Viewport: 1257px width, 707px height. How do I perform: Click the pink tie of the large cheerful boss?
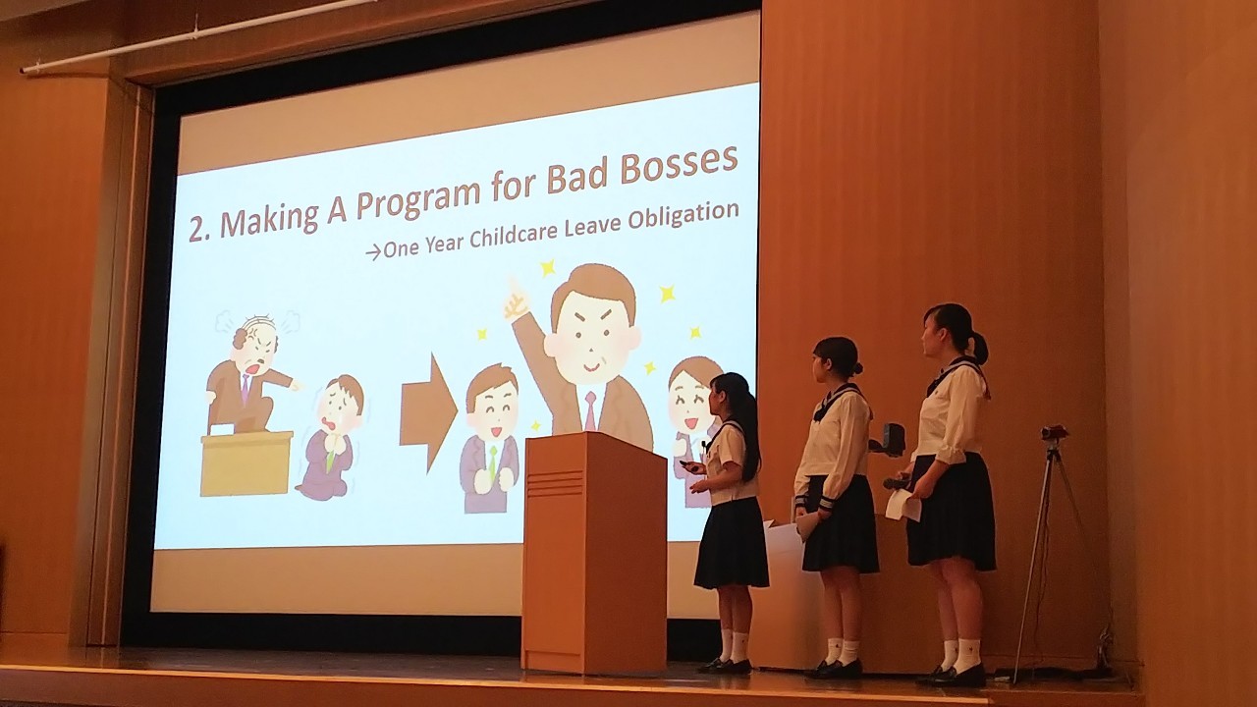[x=590, y=411]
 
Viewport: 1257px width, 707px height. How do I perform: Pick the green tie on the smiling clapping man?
[x=493, y=462]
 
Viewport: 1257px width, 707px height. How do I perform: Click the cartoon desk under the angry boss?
[x=246, y=462]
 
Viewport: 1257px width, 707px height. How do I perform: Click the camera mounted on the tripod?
[x=1054, y=433]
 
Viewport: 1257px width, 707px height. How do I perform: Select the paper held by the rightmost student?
[x=902, y=505]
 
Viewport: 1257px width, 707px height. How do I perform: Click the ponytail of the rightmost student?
[x=979, y=348]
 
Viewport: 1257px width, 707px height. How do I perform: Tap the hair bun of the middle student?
[x=856, y=368]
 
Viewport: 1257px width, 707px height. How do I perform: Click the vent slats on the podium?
[x=556, y=482]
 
